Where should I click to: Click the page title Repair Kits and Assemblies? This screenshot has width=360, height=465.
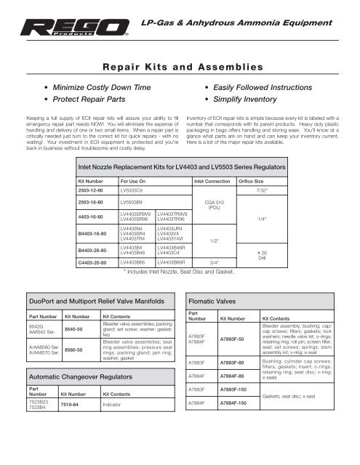pos(181,67)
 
